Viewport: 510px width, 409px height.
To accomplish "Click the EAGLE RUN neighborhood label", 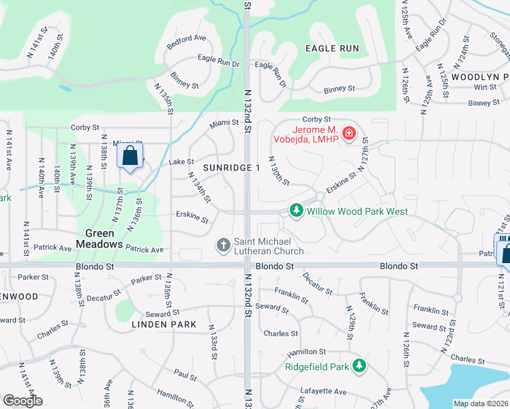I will point(332,48).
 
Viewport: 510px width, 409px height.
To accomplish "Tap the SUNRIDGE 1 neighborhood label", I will point(231,168).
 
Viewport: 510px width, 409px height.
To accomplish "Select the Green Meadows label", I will point(100,238).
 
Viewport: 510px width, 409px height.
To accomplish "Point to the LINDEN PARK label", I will point(164,324).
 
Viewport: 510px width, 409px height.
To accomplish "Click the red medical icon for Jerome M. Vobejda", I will point(349,132).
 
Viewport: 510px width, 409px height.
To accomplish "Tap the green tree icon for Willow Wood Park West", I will point(296,211).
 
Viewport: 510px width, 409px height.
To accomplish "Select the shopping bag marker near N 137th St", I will point(130,156).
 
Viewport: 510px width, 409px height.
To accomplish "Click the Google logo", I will point(22,400).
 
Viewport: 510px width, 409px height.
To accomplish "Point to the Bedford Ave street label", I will point(186,39).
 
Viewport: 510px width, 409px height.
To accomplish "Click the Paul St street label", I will point(185,374).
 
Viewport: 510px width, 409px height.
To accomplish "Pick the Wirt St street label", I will point(485,88).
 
